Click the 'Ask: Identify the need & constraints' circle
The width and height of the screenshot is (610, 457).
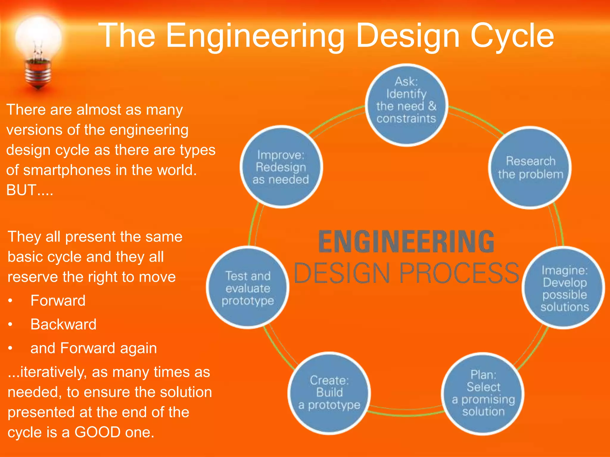tap(406, 105)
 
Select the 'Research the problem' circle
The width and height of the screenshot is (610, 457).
tap(530, 168)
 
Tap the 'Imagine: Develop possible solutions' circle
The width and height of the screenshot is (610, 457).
tap(564, 288)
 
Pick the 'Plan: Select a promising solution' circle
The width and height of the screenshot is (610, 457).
tap(483, 393)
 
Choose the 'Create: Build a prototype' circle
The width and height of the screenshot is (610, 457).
tap(329, 393)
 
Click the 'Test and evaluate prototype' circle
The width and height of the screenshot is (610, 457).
tap(248, 288)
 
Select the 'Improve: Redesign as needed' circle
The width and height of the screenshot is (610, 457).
tap(281, 167)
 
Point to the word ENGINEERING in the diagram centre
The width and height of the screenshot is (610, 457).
tap(406, 242)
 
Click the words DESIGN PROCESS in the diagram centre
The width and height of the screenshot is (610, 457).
tap(406, 273)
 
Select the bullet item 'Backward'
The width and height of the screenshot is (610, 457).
tap(63, 324)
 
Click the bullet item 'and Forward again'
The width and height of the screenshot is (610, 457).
tap(94, 348)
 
